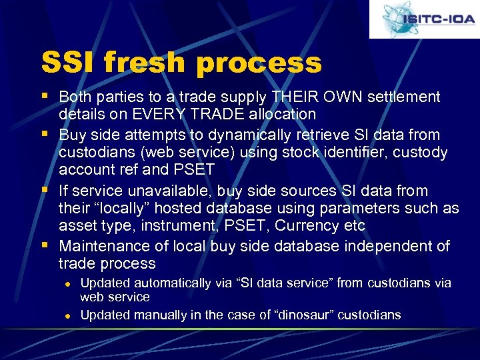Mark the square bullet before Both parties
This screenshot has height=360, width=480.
coord(44,96)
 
